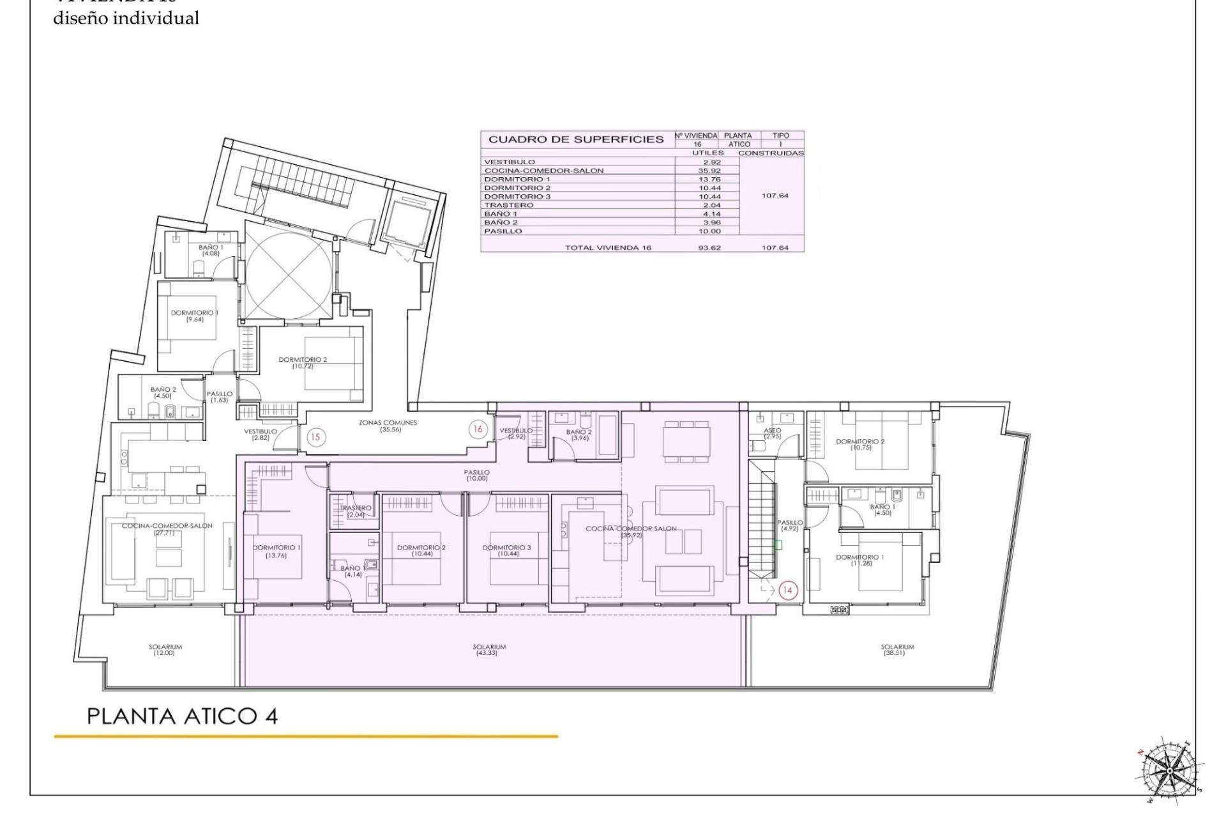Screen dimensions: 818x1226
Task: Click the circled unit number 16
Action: click(478, 429)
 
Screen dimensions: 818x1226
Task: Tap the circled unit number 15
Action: click(315, 437)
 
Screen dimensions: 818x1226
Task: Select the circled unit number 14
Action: click(787, 590)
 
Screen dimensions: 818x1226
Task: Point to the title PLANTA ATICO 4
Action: click(182, 716)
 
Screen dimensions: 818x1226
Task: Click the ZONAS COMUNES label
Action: click(388, 426)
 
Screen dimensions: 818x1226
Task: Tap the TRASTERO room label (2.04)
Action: click(355, 511)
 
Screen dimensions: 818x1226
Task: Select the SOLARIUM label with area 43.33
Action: click(489, 649)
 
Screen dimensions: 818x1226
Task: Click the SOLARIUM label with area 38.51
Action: click(897, 649)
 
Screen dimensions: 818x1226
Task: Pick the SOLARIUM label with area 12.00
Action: click(165, 649)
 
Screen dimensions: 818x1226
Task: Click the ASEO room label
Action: click(772, 433)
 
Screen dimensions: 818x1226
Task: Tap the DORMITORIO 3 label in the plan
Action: click(506, 550)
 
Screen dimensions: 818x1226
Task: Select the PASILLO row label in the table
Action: click(503, 231)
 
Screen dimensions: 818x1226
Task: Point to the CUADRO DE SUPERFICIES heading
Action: click(576, 139)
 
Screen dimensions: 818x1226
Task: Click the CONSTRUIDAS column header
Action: click(771, 153)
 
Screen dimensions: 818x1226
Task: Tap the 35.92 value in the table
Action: click(709, 171)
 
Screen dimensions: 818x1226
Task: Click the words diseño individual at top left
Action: click(126, 19)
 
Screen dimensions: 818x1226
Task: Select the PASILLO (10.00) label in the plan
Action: click(476, 475)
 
